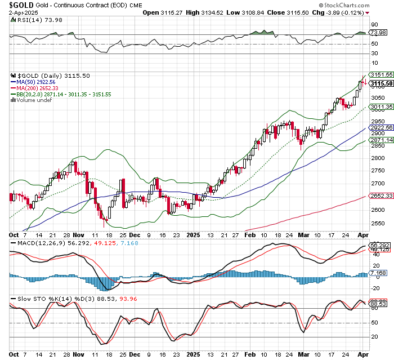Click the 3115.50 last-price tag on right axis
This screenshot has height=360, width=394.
tap(381, 83)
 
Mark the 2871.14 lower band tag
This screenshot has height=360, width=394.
tap(381, 140)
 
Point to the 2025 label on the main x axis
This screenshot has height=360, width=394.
tap(194, 234)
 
